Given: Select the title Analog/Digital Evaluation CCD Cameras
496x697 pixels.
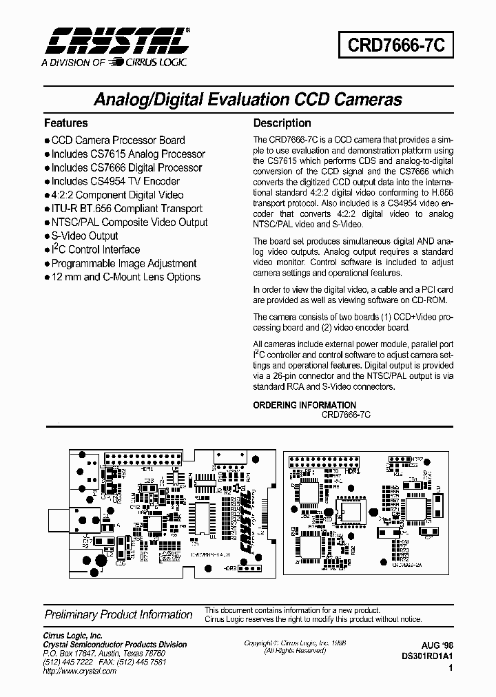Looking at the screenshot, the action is tap(248, 99).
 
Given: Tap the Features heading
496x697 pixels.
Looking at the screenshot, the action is tap(66, 123).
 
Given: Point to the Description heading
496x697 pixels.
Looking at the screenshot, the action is tap(282, 123).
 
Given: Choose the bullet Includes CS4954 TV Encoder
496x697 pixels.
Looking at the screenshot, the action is tap(115, 181).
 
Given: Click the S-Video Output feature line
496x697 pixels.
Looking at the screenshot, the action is tap(85, 236).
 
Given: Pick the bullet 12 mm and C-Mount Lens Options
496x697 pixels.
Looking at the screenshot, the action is tap(125, 277).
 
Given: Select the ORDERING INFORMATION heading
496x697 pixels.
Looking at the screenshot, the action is tap(304, 405).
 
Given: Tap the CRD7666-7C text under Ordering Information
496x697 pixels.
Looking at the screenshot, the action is tap(346, 415).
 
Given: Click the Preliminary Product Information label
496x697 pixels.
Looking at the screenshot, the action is tap(118, 614).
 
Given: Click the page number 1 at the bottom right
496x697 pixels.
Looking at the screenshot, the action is tap(451, 668).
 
